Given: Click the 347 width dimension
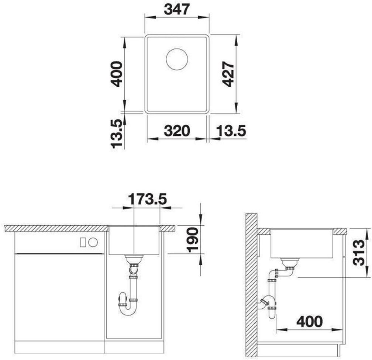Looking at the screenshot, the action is [x=177, y=10].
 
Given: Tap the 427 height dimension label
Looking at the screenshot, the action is [x=228, y=74].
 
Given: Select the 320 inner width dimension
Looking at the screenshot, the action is [x=177, y=131].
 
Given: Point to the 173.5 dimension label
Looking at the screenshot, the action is [x=148, y=199].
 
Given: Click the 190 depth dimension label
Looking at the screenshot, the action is [x=192, y=239].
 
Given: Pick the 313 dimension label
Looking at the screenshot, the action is [x=358, y=252].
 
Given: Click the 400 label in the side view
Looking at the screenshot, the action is [x=309, y=322].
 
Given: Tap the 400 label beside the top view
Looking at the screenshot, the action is [x=117, y=74].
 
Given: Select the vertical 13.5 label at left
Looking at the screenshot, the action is [x=117, y=134].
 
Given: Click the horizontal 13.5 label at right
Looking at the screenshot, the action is [x=231, y=131].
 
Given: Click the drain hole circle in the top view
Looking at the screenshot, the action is [x=177, y=59].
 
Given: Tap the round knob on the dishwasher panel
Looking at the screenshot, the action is [x=93, y=242].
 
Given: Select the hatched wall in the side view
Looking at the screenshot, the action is [x=251, y=285].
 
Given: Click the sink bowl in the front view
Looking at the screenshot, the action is [x=134, y=240].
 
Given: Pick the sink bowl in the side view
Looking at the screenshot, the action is [x=302, y=243].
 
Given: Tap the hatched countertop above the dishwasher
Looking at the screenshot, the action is [x=56, y=228].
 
